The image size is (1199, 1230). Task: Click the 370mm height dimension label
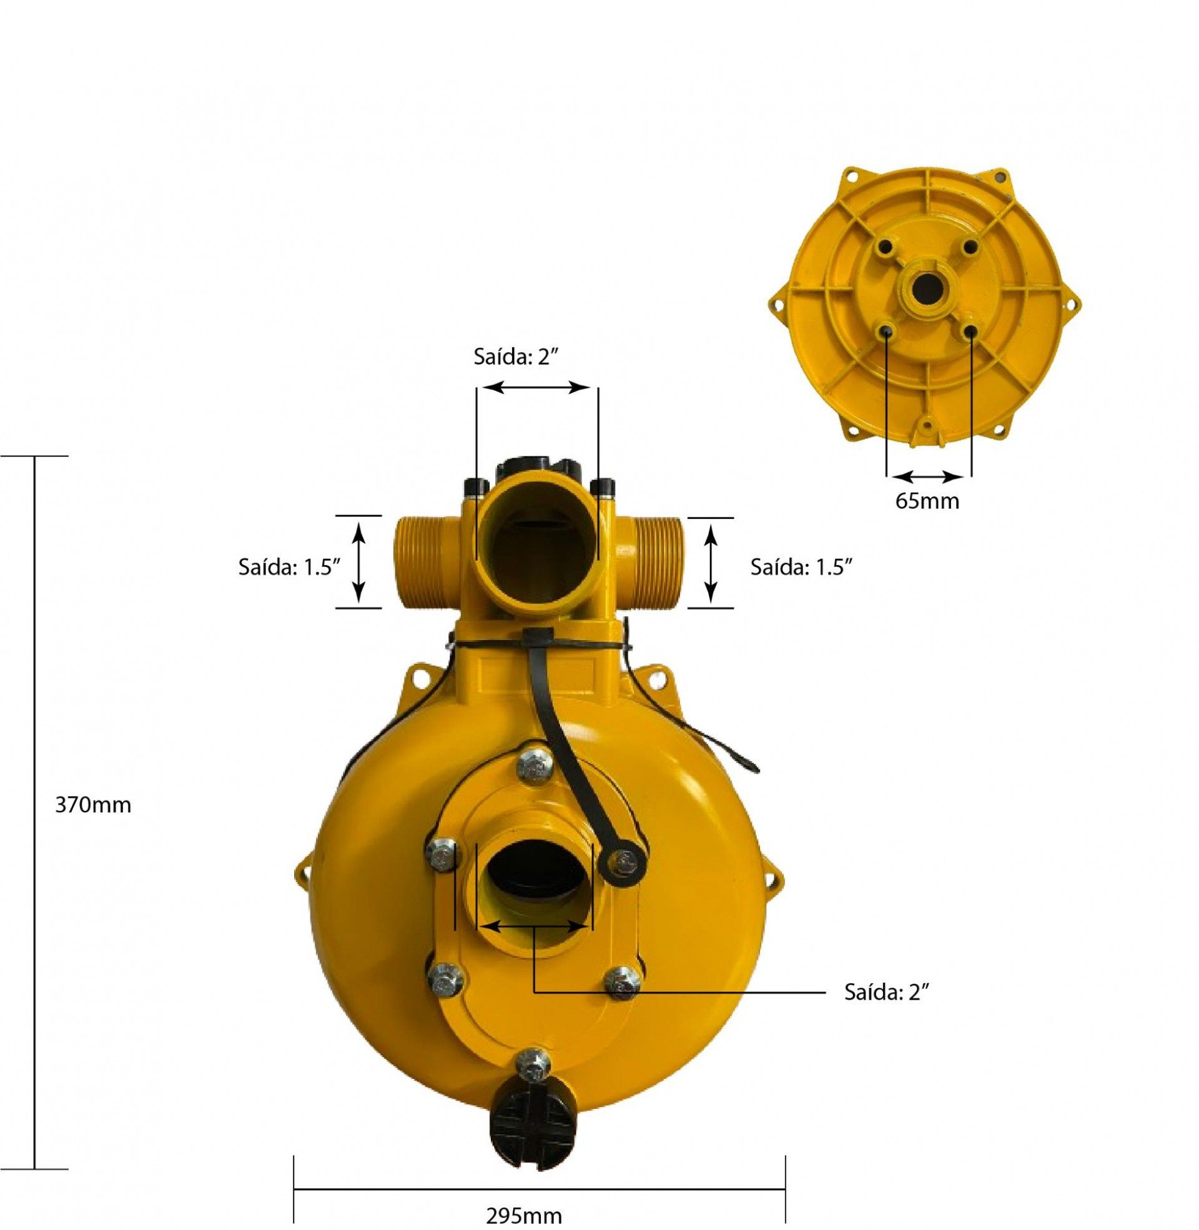tap(93, 805)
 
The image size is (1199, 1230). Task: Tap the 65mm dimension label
tap(927, 501)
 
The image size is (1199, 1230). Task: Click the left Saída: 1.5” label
tap(289, 566)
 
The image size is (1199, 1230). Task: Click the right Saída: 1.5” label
tap(801, 566)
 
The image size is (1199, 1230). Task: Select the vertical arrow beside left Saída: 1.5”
tap(358, 562)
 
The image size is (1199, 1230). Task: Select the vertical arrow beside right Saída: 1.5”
tap(710, 562)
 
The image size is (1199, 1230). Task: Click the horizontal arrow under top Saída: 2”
tap(537, 388)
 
